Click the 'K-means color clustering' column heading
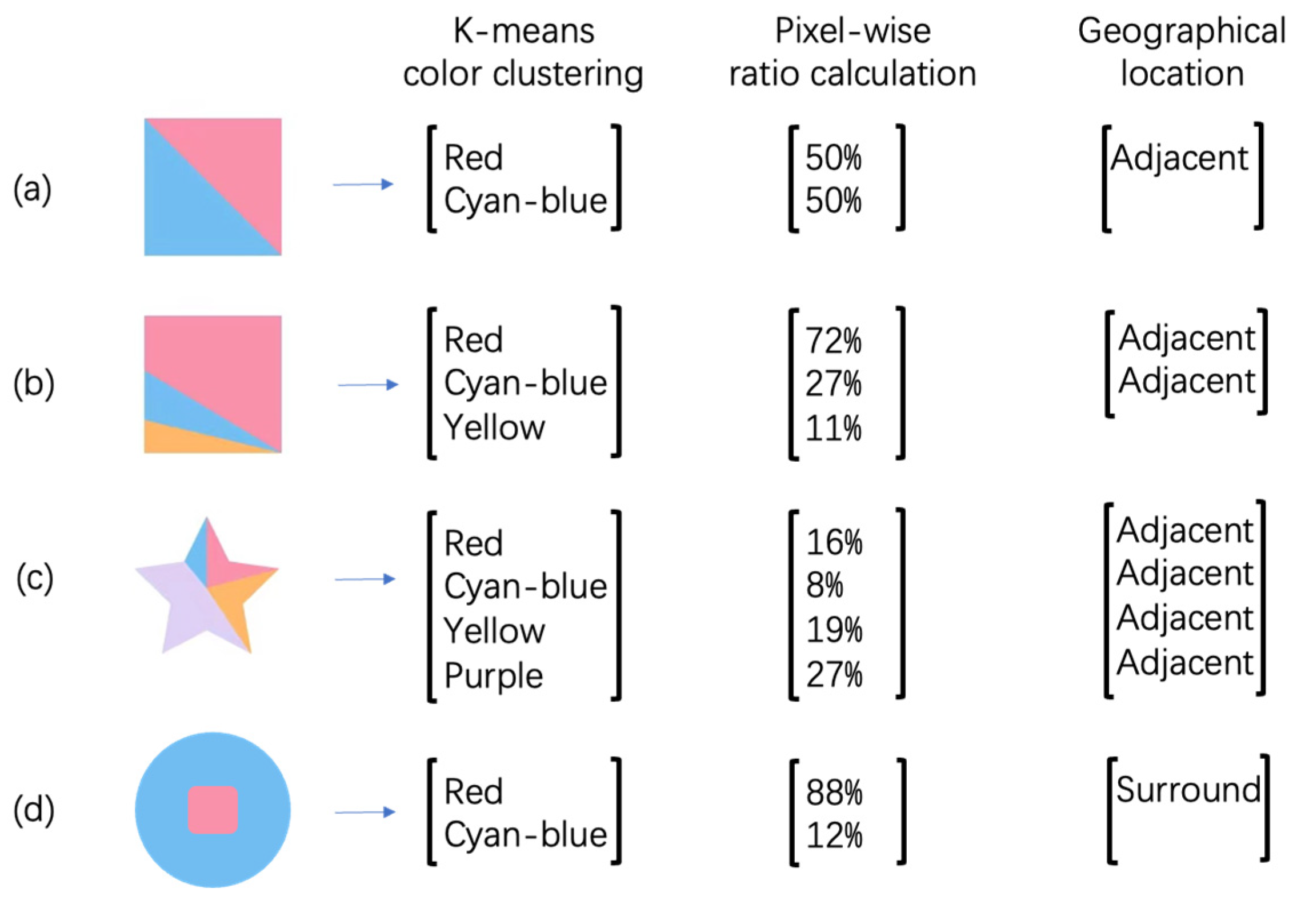pos(523,53)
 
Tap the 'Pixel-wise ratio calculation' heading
pos(852,53)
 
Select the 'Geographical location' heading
pos(1181,53)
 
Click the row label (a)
pos(33,190)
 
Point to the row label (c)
pos(35,578)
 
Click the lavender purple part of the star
pos(183,600)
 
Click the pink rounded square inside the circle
pos(213,809)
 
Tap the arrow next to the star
pos(365,579)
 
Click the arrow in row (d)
pos(365,811)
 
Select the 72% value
pos(833,341)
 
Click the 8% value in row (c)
pos(824,585)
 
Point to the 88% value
pos(834,793)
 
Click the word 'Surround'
pos(1188,790)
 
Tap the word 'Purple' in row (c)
pos(493,676)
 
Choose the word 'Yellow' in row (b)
pos(494,427)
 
